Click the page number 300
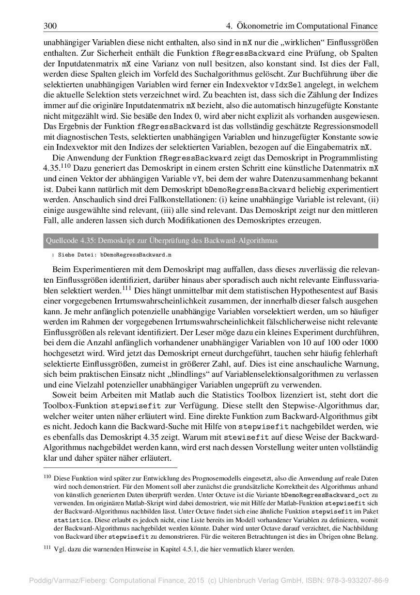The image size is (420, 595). click(x=50, y=26)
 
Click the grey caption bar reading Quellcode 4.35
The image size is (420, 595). click(x=210, y=241)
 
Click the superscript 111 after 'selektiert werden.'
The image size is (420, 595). click(x=127, y=289)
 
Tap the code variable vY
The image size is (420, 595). click(x=197, y=178)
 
